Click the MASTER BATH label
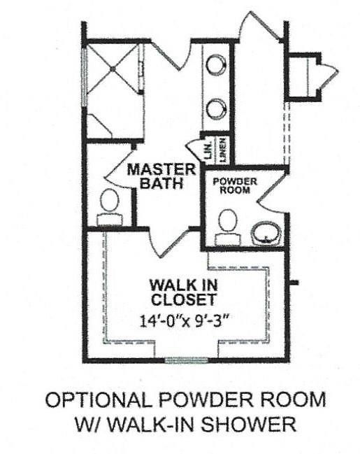pyautogui.click(x=160, y=177)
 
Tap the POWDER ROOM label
pyautogui.click(x=235, y=185)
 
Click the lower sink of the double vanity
pyautogui.click(x=217, y=108)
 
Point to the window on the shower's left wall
pyautogui.click(x=85, y=77)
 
